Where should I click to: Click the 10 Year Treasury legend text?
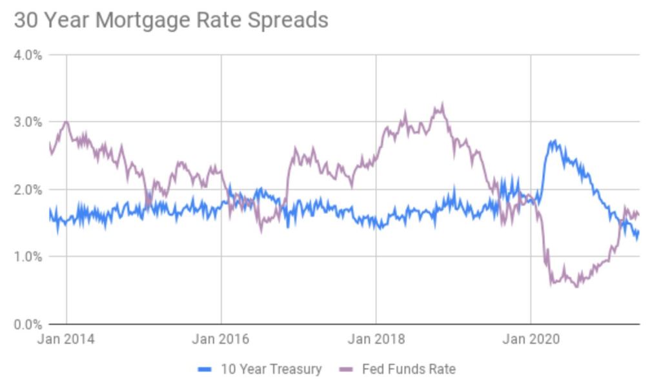click(x=270, y=369)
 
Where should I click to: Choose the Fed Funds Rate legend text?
click(x=409, y=369)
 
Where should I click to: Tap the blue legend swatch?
click(x=205, y=369)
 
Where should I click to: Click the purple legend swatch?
click(x=345, y=369)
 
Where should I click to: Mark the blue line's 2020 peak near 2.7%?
click(x=553, y=141)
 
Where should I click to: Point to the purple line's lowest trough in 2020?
click(x=576, y=285)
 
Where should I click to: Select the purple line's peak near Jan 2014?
click(x=66, y=121)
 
